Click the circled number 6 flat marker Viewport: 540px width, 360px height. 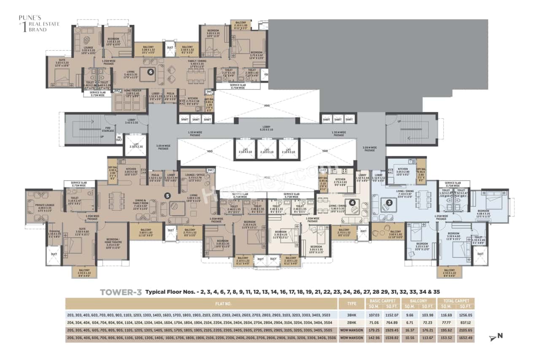(150, 72)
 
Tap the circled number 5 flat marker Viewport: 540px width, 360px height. (167, 195)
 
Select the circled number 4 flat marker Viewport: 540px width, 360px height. (352, 202)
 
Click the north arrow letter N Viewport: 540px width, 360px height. (500, 336)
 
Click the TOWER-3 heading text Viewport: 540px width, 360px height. (121, 292)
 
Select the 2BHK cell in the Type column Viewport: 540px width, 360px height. (352, 322)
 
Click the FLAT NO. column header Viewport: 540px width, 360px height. (201, 303)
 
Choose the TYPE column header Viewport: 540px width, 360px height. (352, 303)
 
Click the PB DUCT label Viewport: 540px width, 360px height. (119, 138)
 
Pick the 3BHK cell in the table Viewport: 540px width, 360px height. (352, 315)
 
